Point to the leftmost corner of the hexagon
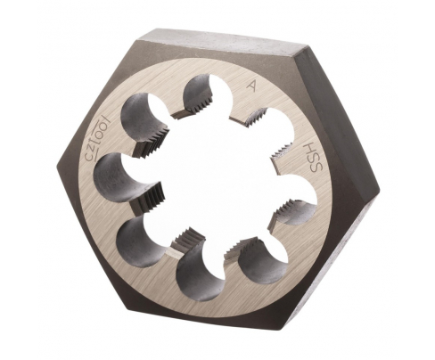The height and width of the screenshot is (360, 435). pyautogui.click(x=60, y=166)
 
